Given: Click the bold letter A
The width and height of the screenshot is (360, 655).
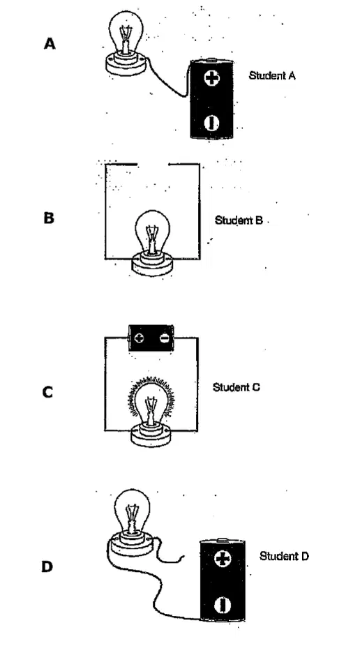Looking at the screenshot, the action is [50, 43].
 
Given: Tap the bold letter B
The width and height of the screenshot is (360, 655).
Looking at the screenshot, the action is [49, 218].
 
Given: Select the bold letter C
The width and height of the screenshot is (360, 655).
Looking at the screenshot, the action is [47, 392].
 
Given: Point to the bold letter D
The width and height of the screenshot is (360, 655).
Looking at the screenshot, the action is [47, 567].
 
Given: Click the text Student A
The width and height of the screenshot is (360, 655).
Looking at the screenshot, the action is [272, 75].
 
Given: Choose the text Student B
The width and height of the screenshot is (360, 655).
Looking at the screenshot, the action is [239, 220].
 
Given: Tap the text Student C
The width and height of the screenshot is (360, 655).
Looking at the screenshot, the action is [237, 387].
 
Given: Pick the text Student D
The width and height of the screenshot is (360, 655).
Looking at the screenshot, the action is [285, 556].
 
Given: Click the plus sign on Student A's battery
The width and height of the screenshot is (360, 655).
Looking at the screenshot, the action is [211, 77].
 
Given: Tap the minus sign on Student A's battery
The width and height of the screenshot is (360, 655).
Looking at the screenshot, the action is [212, 122].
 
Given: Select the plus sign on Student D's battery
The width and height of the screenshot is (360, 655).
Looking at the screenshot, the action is [222, 559].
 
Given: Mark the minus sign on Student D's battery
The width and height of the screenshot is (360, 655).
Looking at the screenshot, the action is [223, 605].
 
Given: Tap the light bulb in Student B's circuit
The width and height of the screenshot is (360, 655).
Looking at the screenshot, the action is [152, 242].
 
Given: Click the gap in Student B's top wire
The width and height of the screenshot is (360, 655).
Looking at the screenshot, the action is [152, 164].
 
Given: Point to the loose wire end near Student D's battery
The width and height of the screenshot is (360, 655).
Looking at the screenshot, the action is [184, 556].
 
